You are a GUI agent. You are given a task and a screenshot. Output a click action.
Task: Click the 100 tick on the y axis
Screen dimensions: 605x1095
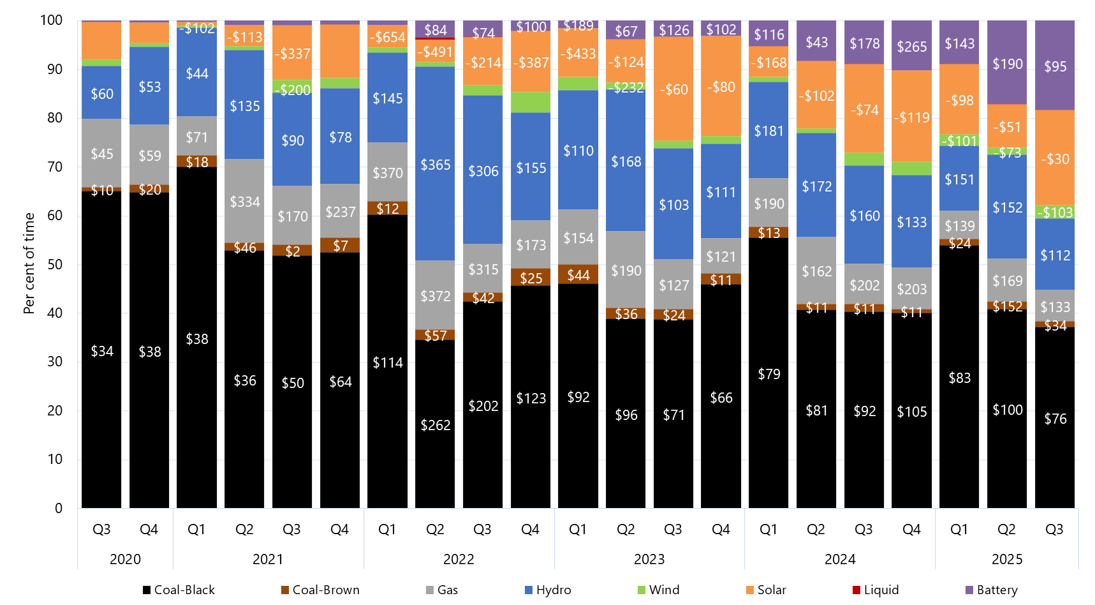(x=52, y=20)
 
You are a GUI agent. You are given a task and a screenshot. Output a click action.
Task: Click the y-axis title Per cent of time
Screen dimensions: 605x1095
(x=29, y=263)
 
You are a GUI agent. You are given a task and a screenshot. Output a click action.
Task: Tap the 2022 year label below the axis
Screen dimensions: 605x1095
(x=459, y=559)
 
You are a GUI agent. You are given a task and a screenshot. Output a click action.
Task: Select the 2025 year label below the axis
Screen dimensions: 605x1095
(x=1007, y=559)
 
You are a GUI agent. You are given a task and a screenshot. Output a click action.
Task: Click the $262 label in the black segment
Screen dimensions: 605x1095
(x=436, y=425)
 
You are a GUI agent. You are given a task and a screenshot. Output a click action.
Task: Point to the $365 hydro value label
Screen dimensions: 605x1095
(x=436, y=165)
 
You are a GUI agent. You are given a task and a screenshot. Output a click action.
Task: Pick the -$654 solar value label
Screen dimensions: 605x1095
(x=388, y=37)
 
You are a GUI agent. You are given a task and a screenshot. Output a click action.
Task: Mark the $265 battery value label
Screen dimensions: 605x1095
(x=912, y=47)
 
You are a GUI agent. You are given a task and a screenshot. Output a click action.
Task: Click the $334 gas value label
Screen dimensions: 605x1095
(x=245, y=202)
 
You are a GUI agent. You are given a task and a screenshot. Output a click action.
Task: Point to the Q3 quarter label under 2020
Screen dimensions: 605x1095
(x=101, y=529)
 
